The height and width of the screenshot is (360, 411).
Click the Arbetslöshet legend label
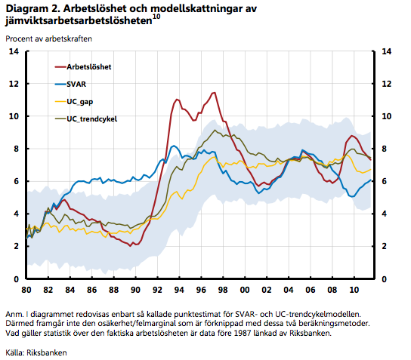pos(89,67)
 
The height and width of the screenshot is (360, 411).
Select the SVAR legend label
pos(76,85)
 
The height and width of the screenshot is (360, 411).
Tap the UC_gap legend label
pos(79,102)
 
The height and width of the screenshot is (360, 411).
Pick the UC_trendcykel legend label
pos(91,119)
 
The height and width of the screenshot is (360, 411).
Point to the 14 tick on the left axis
pos(14,51)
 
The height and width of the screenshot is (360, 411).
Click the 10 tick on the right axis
pos(386,116)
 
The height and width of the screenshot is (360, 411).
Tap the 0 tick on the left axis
pos(17,279)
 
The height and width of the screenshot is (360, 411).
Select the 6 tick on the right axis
pos(385,181)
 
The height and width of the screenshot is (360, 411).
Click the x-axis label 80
pos(26,290)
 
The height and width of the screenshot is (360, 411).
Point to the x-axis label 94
pos(179,290)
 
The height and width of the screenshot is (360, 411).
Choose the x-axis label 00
pos(245,290)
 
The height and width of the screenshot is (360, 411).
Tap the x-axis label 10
pos(354,290)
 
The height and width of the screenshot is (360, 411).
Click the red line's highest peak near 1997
pos(214,92)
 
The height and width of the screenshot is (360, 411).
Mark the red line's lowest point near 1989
pos(130,246)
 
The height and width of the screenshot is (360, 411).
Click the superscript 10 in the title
pos(156,17)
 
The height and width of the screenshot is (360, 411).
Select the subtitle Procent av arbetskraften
pos(49,38)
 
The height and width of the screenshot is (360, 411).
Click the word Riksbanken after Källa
pos(47,352)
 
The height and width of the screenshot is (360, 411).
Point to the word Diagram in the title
pos(26,9)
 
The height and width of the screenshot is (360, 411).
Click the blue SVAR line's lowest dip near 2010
pos(352,196)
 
